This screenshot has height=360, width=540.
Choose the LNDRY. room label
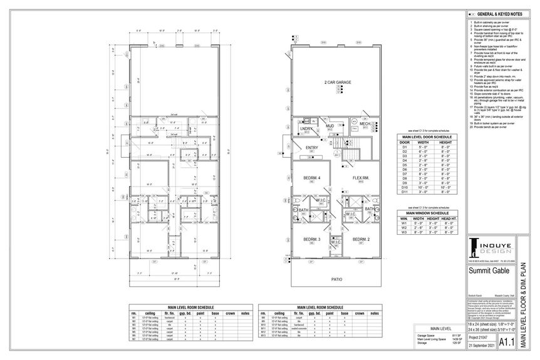pos(306,130)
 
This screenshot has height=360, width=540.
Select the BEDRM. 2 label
pos(361,240)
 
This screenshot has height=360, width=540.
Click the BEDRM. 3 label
pos(312,240)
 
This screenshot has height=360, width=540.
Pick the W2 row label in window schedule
pos(405,227)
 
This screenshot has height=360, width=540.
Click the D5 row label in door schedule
pos(405,165)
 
